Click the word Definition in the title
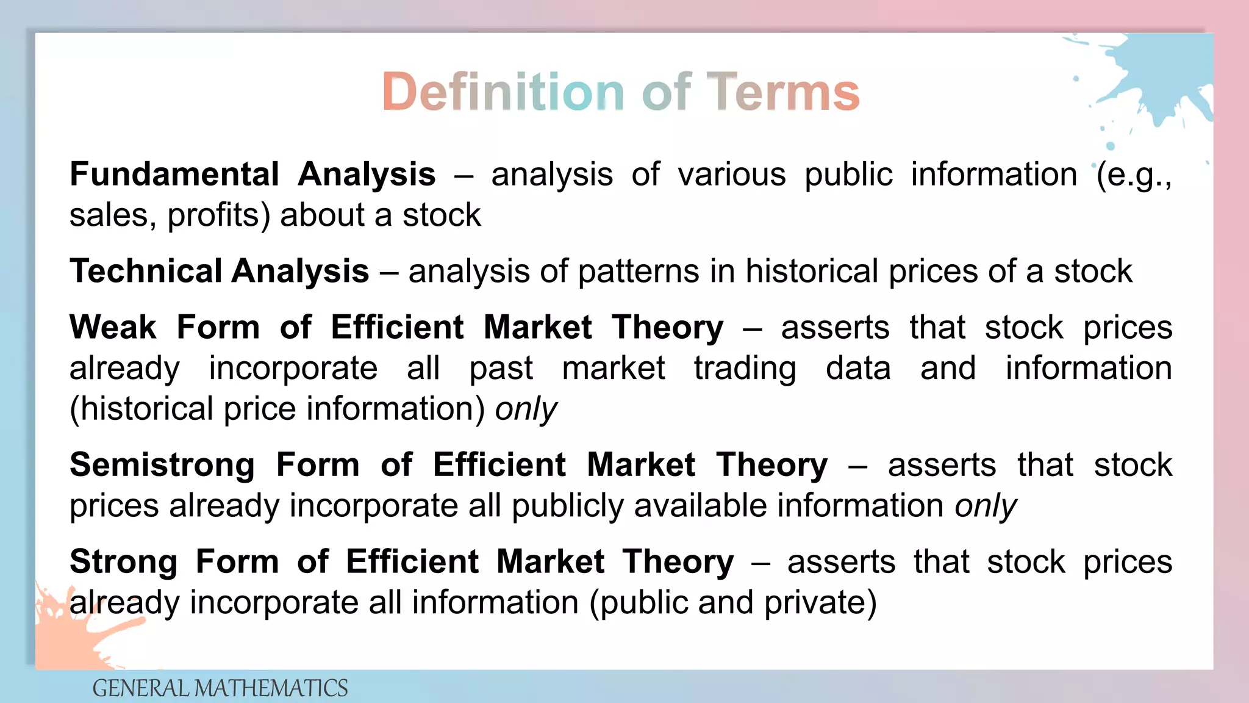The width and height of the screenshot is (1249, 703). point(503,92)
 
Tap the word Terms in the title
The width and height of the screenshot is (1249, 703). point(782,92)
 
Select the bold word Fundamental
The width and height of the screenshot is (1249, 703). point(174,175)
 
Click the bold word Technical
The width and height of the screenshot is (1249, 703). point(146,271)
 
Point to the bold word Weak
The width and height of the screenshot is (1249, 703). point(113,327)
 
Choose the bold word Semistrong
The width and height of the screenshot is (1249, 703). point(162,465)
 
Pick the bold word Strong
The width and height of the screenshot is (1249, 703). point(123,561)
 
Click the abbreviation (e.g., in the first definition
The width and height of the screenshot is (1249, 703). point(1134,175)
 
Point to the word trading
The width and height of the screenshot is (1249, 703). point(745,369)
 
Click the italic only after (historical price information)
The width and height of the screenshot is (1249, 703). point(526,409)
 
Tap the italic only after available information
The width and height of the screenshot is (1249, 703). point(986,507)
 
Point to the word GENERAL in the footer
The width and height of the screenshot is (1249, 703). point(140,688)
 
